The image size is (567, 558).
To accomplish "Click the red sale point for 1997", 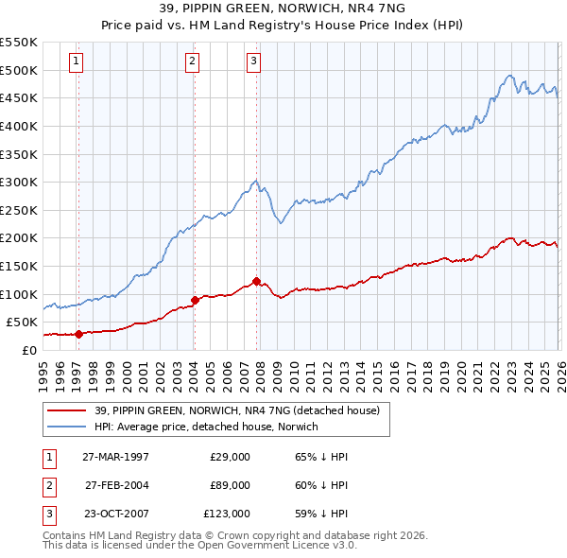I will [x=79, y=333].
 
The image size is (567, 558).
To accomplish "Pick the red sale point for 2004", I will [x=195, y=300].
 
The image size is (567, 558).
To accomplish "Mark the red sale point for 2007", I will [x=256, y=281].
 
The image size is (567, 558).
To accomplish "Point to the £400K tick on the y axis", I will [x=19, y=126].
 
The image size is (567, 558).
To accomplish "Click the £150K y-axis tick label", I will [x=19, y=266].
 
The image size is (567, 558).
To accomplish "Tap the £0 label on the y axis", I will [x=28, y=350].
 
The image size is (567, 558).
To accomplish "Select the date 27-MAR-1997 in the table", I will [x=116, y=456].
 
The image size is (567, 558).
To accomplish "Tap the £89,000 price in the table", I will [x=230, y=485].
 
